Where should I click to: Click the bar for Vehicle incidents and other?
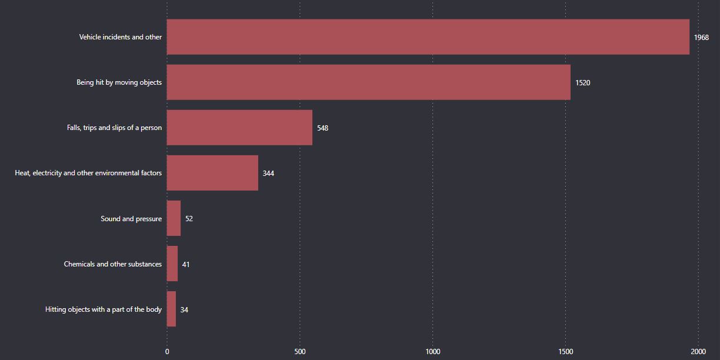tap(428, 36)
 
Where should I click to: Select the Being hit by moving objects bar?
tap(368, 82)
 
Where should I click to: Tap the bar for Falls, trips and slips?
tap(239, 128)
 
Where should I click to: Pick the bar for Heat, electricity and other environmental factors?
tap(212, 173)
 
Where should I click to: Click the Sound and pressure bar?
tap(174, 218)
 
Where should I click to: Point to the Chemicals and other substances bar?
tap(172, 264)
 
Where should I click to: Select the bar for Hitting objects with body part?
tap(171, 309)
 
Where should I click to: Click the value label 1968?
tap(701, 37)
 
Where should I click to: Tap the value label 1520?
tap(582, 83)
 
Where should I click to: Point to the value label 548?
tap(322, 128)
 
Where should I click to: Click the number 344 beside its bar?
tap(268, 174)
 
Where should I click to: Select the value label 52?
tap(189, 219)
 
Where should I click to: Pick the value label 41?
tap(186, 265)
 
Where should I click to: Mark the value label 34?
tap(184, 310)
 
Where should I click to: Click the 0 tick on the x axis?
tap(167, 352)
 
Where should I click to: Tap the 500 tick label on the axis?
tap(300, 352)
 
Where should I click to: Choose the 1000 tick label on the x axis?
tap(433, 352)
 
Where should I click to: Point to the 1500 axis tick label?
tap(566, 352)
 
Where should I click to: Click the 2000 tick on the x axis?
tap(698, 352)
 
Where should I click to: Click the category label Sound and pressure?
tap(131, 219)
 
